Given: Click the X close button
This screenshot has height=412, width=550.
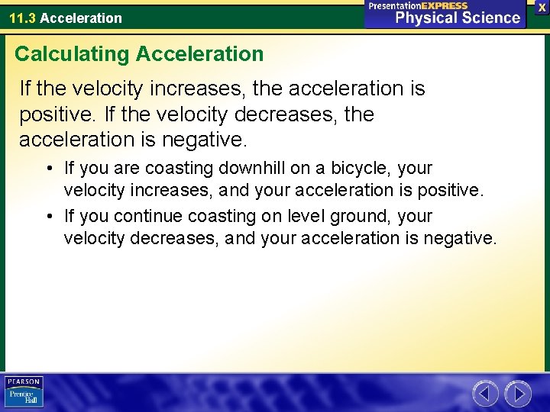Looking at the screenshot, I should [542, 6].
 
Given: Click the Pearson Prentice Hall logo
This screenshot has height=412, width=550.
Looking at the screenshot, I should [24, 392].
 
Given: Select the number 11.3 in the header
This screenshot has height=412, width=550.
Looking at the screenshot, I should [23, 18].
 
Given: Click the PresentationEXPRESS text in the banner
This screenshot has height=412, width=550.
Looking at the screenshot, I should [418, 5].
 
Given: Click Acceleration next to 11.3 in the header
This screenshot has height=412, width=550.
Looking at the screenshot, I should [81, 18].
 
